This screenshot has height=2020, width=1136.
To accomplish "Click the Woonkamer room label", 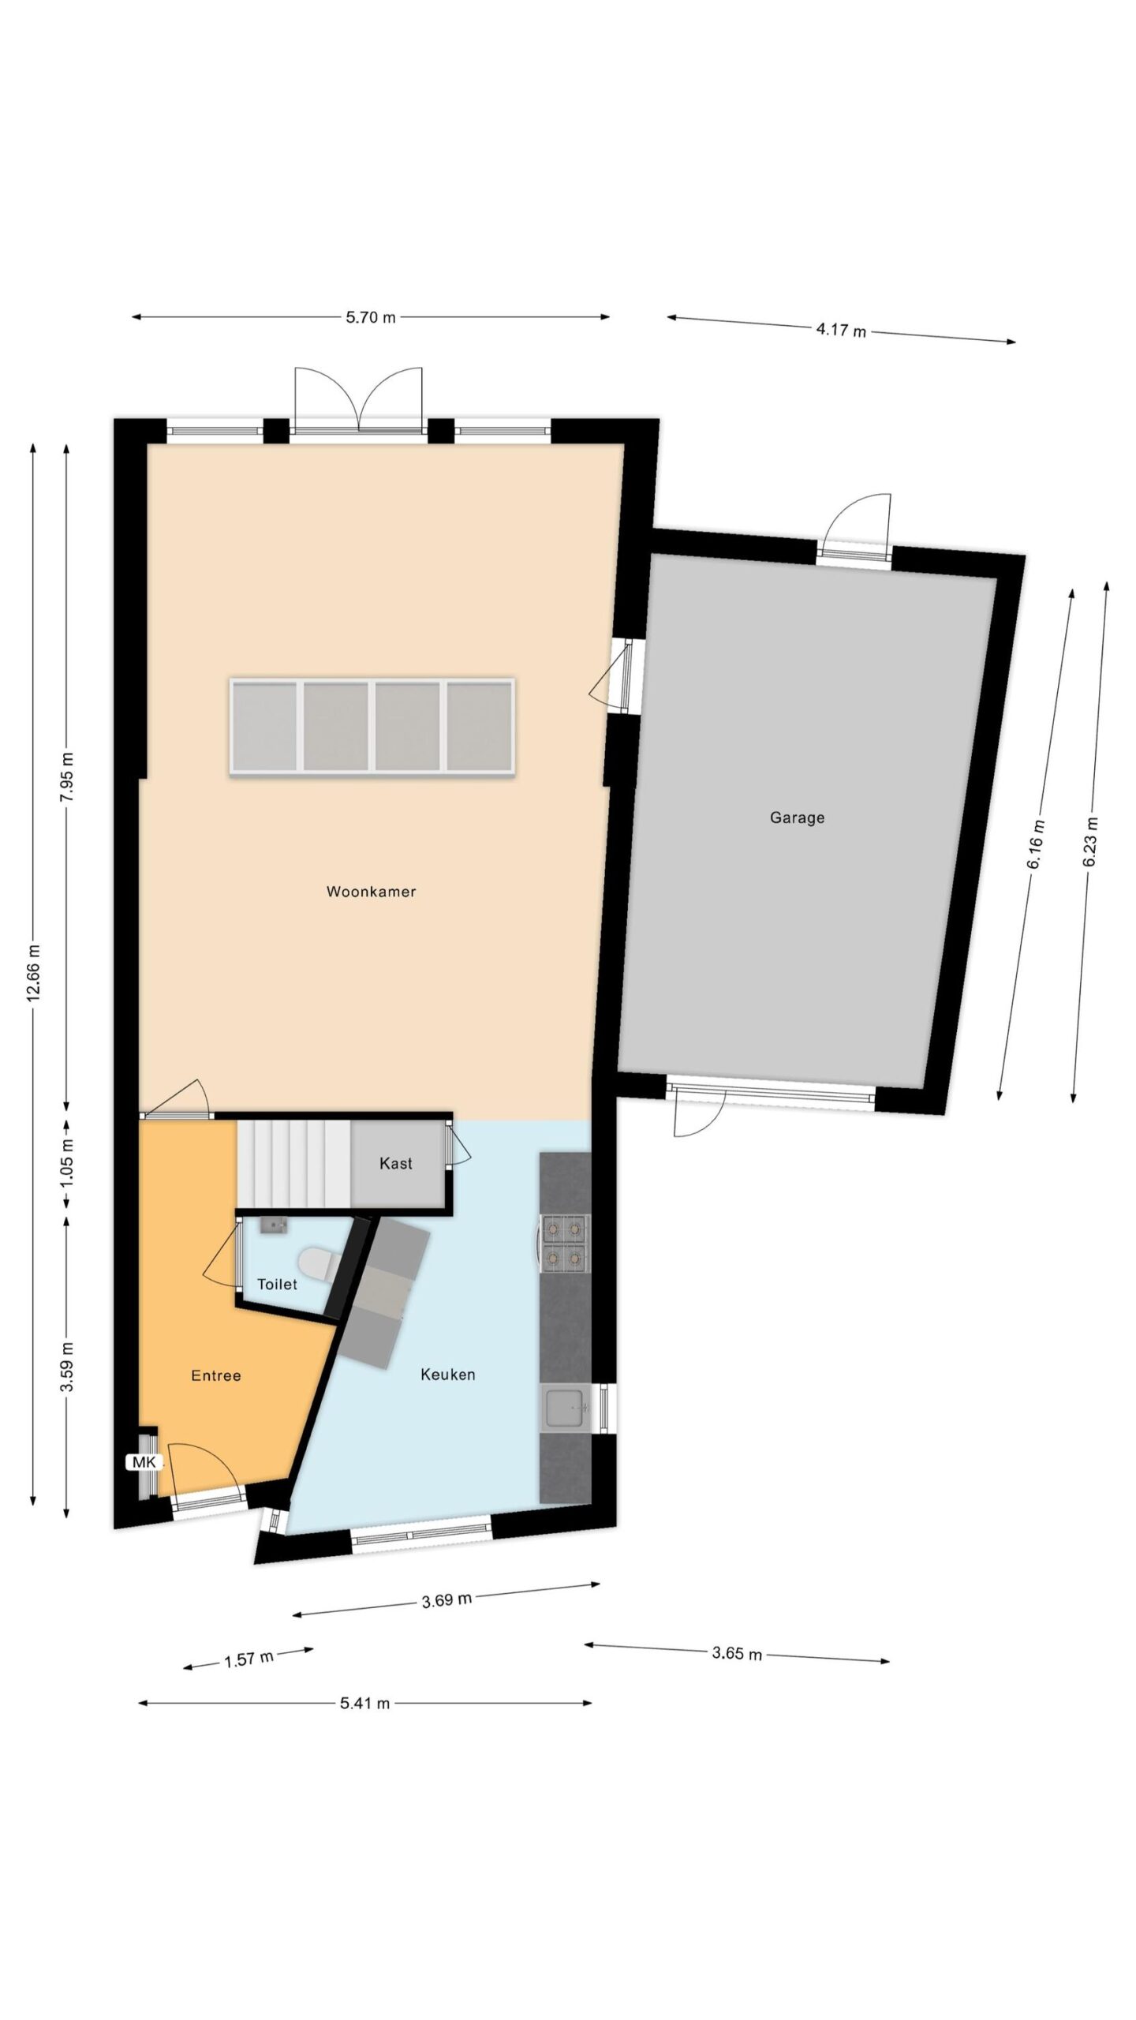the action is [371, 892].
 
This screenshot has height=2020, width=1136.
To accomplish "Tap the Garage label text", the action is [797, 817].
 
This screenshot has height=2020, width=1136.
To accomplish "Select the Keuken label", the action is [447, 1375].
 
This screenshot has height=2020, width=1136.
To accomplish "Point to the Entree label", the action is [216, 1375].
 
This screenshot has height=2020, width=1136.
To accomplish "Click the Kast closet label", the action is [396, 1163].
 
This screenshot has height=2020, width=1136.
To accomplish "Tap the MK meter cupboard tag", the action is [144, 1462].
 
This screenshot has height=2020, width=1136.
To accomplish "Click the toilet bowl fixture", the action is [320, 1265].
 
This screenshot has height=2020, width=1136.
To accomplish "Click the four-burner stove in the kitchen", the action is [564, 1244].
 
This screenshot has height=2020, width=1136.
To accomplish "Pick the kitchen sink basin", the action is [566, 1408].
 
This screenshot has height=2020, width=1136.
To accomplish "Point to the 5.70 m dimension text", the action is [371, 318].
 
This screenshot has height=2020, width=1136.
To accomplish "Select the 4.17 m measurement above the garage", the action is [841, 329].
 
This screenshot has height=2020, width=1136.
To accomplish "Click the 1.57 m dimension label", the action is [248, 1659].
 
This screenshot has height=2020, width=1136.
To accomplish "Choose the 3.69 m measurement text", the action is [447, 1599].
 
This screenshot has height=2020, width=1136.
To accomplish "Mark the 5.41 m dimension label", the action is [364, 1703].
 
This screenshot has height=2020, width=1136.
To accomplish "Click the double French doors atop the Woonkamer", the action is [359, 402].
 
